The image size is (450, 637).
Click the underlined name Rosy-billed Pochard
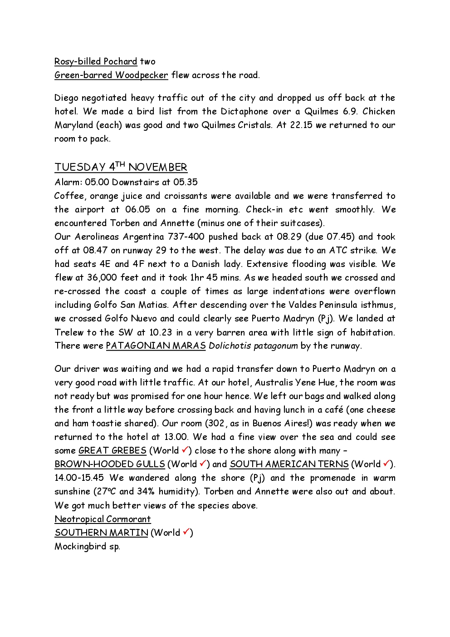coord(95,61)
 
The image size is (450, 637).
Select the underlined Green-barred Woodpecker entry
coord(111,75)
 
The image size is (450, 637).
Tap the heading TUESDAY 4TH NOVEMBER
coord(121,167)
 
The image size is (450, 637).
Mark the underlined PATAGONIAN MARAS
coord(156,346)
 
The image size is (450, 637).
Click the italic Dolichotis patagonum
coord(253,346)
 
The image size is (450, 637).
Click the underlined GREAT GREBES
coord(112,450)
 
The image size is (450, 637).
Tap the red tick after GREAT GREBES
coord(185,450)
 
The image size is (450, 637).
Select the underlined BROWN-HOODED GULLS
coord(109,464)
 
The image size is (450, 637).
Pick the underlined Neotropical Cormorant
coord(103,519)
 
